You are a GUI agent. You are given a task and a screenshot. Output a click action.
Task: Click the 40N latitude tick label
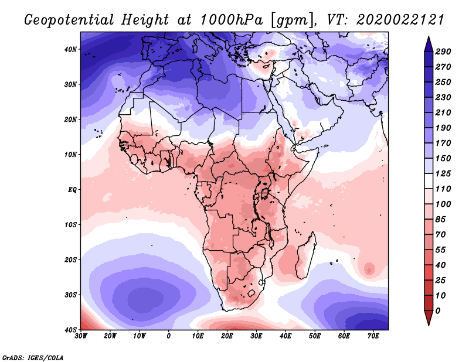click(x=71, y=49)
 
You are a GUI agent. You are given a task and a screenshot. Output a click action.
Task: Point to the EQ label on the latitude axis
click(x=72, y=189)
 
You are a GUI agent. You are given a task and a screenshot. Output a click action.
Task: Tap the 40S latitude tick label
click(x=71, y=329)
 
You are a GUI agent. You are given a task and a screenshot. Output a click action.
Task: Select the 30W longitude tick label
click(x=81, y=336)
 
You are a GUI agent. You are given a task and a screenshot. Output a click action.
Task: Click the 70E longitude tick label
click(x=373, y=336)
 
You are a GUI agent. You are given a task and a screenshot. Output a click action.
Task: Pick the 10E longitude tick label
click(x=198, y=336)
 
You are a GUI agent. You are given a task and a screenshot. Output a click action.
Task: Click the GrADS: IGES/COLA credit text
click(x=33, y=357)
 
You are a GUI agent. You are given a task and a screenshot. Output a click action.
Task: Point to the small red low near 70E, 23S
click(x=369, y=269)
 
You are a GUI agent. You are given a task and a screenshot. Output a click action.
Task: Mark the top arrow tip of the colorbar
click(x=429, y=39)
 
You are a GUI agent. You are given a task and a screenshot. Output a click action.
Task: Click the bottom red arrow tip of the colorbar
click(x=429, y=322)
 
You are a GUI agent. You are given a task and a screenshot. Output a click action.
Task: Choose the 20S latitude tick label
click(x=71, y=259)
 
